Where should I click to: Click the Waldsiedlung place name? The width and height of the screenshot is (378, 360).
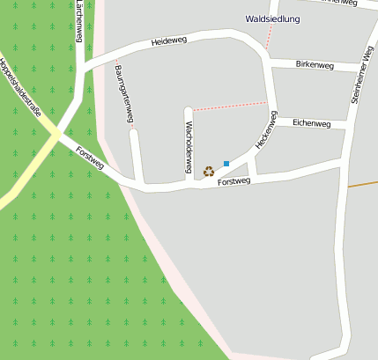pyautogui.click(x=272, y=18)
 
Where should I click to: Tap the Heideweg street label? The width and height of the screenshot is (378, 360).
pyautogui.click(x=169, y=41)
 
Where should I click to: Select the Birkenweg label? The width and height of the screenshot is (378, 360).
pyautogui.click(x=315, y=65)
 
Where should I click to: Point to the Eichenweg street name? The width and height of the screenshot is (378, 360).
pyautogui.click(x=311, y=124)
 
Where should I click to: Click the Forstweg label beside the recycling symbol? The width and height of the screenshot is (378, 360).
pyautogui.click(x=234, y=181)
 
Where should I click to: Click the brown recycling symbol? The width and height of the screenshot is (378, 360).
pyautogui.click(x=209, y=171)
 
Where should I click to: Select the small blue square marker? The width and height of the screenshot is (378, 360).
pyautogui.click(x=226, y=164)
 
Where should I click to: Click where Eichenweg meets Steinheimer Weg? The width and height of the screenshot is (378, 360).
pyautogui.click(x=348, y=126)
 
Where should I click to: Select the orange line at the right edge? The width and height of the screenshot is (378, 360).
pyautogui.click(x=362, y=184)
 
